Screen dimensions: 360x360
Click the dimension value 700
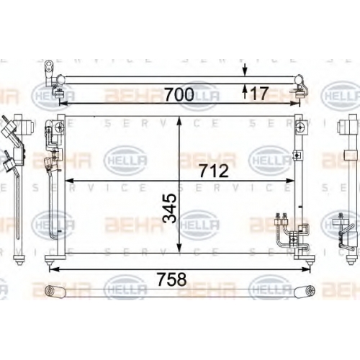[179, 94]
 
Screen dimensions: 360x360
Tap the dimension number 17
[258, 94]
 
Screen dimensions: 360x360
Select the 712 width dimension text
[214, 171]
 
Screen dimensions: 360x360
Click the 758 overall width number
[172, 279]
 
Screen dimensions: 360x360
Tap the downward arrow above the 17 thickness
[245, 70]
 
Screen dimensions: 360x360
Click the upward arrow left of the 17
[245, 91]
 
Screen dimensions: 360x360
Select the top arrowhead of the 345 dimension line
[179, 121]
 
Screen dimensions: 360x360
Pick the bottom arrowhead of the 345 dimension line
[179, 248]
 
